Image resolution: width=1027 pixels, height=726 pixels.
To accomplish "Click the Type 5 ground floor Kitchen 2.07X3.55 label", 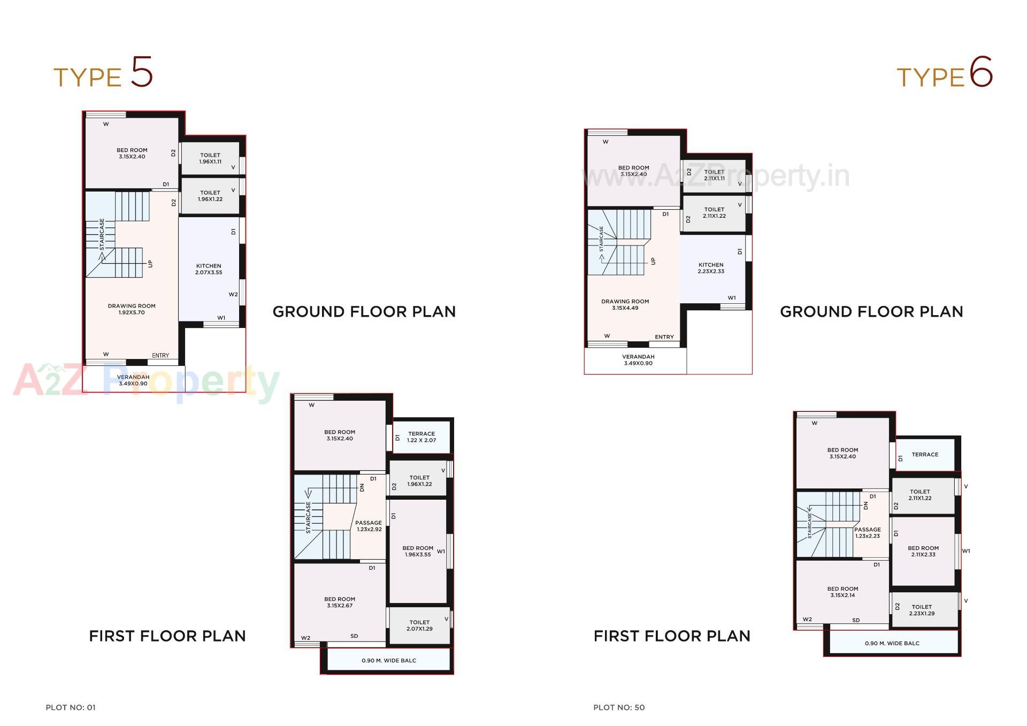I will (209, 269).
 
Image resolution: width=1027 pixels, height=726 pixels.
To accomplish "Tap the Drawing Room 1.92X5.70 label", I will (132, 309).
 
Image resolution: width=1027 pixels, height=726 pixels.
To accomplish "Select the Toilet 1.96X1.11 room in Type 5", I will (210, 158).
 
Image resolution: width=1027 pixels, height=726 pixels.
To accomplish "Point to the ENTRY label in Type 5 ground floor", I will (160, 356).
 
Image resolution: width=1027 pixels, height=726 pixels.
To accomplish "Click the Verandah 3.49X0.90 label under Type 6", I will (638, 360).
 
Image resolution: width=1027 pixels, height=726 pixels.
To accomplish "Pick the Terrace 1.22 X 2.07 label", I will (421, 437).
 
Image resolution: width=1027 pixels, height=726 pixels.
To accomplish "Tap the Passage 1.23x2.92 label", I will (369, 526).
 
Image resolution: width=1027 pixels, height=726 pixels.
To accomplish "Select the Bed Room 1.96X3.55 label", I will (418, 551).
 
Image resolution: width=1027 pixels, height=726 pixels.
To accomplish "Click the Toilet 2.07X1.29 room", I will (419, 625).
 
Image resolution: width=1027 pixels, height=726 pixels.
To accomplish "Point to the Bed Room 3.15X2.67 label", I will (340, 602).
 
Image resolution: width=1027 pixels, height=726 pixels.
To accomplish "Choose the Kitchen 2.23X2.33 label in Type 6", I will (711, 268).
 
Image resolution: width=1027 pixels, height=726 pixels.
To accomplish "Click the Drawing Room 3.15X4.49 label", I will (625, 304).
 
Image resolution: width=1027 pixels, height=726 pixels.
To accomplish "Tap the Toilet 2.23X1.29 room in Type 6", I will (922, 610).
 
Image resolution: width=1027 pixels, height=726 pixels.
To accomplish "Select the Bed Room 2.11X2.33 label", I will (923, 551).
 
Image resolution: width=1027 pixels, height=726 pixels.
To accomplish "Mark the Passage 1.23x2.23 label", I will (867, 532).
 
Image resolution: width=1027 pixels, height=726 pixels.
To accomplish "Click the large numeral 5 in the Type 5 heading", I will (142, 72).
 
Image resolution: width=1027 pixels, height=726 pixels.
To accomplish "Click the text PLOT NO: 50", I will (619, 707).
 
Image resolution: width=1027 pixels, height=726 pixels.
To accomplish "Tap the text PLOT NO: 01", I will (71, 707).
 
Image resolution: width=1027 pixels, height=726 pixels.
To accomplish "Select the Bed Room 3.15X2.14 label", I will (842, 592).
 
